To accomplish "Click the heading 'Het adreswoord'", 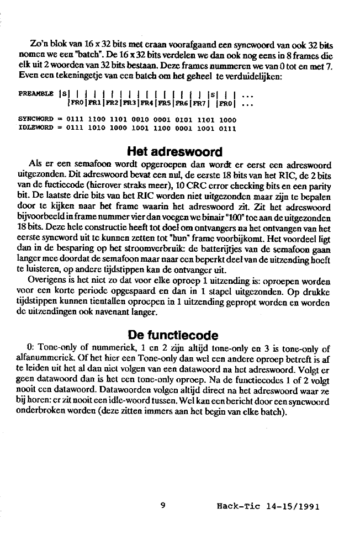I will coord(174,152).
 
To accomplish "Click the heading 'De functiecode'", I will coord(173,335).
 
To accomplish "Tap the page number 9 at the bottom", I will coord(163,504).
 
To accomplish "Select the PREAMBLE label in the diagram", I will coord(36,94).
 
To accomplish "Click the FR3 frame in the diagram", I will coord(130,103).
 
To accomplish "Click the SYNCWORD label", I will coord(35,119).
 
